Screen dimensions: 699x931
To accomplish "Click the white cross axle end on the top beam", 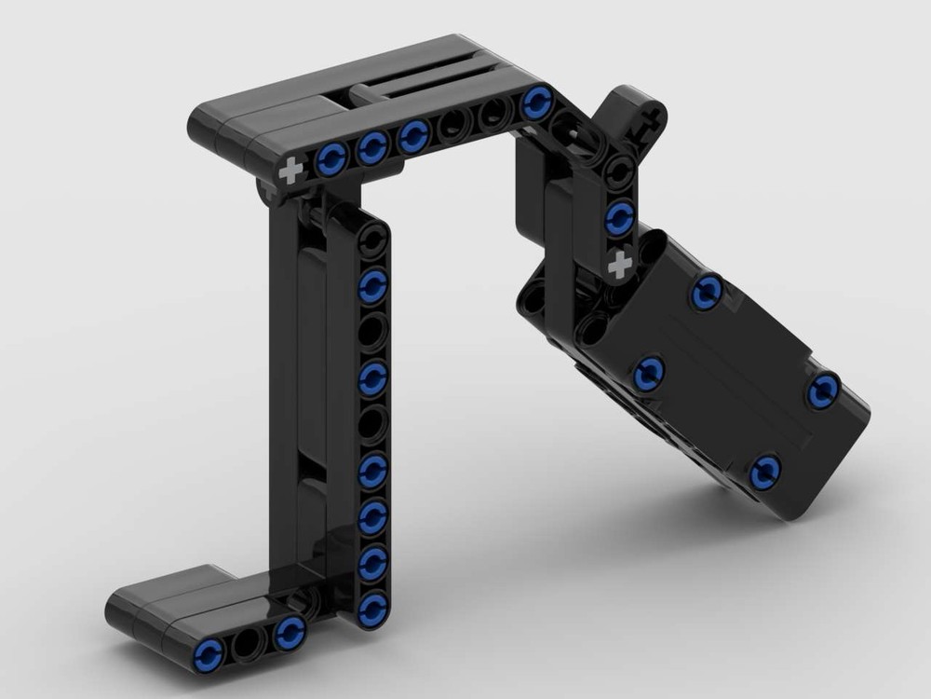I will (x=291, y=171).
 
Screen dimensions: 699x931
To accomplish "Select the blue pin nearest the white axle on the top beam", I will (x=331, y=159).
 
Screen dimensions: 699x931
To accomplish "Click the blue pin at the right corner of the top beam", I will (x=537, y=103).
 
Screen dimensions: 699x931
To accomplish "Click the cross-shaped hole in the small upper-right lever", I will (x=652, y=116).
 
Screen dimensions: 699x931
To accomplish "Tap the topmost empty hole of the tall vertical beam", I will (x=372, y=240).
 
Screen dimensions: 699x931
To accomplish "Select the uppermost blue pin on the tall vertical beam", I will (x=372, y=285).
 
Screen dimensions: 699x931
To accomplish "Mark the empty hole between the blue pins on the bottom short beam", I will (x=249, y=642).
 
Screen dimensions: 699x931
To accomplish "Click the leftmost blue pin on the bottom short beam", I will (x=209, y=654).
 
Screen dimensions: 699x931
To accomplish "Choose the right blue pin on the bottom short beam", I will (x=290, y=632).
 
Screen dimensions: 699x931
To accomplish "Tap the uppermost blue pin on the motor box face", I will (x=707, y=293).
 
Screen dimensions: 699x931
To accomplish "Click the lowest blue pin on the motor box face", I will (x=764, y=473).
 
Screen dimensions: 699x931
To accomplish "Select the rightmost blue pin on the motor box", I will (x=823, y=391).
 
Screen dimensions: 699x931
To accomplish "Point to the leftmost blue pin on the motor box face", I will (x=648, y=374).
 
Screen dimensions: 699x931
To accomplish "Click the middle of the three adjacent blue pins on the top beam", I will (x=372, y=147).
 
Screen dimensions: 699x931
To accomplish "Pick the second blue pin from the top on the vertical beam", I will (x=372, y=378).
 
